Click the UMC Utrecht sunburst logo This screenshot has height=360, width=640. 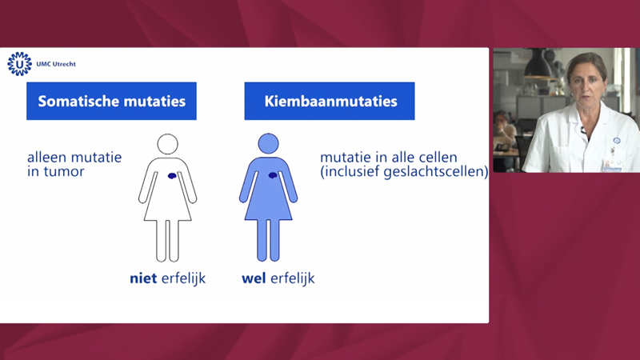pos(19,64)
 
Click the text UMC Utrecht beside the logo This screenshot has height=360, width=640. pos(56,64)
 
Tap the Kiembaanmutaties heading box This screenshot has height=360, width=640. pos(330,101)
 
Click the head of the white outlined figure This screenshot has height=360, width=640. pos(168,144)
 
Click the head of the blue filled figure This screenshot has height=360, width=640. pos(268,144)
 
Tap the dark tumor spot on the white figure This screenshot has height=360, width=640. pos(172,176)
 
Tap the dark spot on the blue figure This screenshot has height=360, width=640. pos(273,175)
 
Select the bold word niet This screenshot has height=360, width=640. pos(143,278)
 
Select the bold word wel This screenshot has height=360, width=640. pos(254,278)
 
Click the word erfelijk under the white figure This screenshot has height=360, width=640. pos(184,278)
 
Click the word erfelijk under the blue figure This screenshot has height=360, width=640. pos(293,278)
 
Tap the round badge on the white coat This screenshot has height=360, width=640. pos(616,141)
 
